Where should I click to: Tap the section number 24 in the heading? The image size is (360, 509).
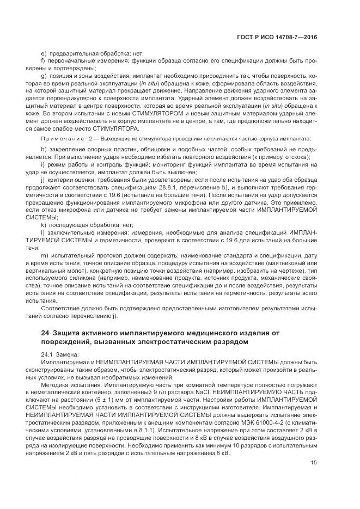click(45, 332)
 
